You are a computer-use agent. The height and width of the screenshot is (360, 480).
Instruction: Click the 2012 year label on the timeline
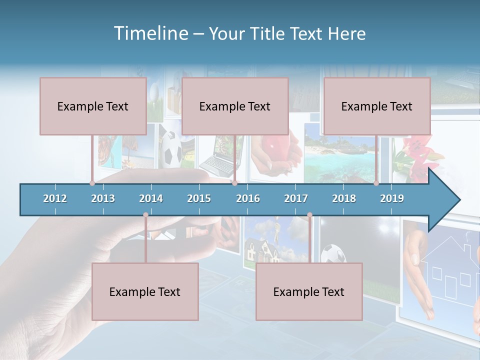[x=55, y=198]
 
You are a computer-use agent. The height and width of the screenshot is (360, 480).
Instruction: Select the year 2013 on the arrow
[x=103, y=198]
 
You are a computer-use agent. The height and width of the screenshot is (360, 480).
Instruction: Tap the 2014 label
[x=151, y=198]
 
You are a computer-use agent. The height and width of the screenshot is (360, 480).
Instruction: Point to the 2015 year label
[x=199, y=198]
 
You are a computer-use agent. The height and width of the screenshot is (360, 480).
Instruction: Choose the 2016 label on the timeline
[x=248, y=198]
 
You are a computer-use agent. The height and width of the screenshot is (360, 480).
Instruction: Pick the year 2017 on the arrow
[x=296, y=198]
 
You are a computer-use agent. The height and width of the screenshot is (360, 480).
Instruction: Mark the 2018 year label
[x=344, y=198]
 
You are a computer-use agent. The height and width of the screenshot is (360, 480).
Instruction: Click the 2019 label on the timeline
[x=392, y=198]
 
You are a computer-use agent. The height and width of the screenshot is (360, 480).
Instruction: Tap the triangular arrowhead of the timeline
[x=443, y=199]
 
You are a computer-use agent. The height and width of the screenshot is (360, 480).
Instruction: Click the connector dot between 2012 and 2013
[x=92, y=183]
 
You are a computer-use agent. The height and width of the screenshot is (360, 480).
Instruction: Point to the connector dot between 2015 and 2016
[x=234, y=183]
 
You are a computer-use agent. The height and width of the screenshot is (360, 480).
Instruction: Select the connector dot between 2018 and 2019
[x=376, y=183]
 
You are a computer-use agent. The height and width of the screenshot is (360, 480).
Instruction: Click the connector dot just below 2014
[x=145, y=215]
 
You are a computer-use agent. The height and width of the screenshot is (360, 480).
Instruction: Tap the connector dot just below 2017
[x=309, y=215]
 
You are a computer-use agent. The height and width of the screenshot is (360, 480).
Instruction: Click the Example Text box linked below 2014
[x=145, y=292]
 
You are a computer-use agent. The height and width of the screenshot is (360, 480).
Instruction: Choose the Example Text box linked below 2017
[x=309, y=292]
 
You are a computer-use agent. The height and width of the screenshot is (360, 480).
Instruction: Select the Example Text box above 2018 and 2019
[x=377, y=106]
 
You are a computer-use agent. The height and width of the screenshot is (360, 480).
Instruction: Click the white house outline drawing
[x=450, y=272]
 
